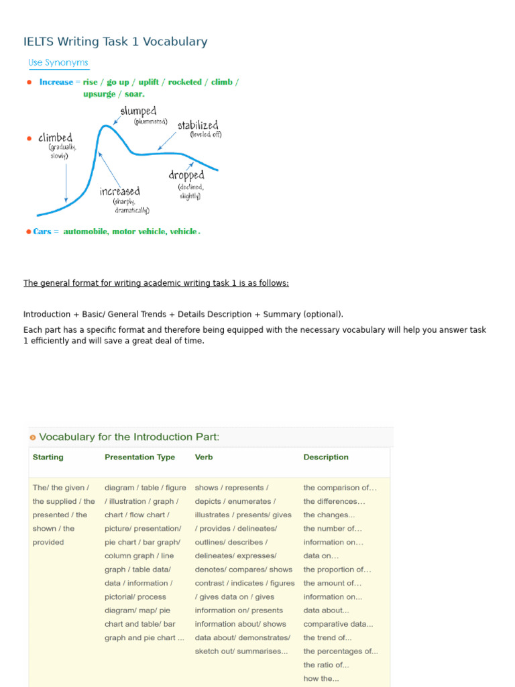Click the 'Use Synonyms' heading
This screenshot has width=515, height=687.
pyautogui.click(x=58, y=62)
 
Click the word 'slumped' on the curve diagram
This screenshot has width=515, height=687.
pyautogui.click(x=138, y=111)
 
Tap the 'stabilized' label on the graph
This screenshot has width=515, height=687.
pyautogui.click(x=197, y=125)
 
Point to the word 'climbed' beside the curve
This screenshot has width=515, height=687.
pyautogui.click(x=55, y=138)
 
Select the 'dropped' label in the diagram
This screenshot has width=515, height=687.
pyautogui.click(x=186, y=175)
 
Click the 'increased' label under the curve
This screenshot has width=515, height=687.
pyautogui.click(x=120, y=191)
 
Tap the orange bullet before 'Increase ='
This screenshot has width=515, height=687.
pyautogui.click(x=29, y=83)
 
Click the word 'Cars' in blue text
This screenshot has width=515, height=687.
pyautogui.click(x=42, y=231)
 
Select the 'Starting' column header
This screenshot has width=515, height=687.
pyautogui.click(x=48, y=457)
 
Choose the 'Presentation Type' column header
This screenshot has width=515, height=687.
pyautogui.click(x=139, y=457)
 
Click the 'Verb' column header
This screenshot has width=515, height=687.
pyautogui.click(x=204, y=457)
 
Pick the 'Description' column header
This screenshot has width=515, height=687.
pyautogui.click(x=326, y=457)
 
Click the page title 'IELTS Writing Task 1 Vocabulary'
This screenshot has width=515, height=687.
pyautogui.click(x=115, y=42)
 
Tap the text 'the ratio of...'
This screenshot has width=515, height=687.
pyautogui.click(x=326, y=665)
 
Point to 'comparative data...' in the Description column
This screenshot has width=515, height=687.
pyautogui.click(x=338, y=624)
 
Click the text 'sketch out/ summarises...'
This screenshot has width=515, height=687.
pyautogui.click(x=241, y=651)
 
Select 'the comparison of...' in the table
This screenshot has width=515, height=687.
pyautogui.click(x=340, y=488)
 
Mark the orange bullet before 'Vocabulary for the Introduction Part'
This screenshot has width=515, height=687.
pyautogui.click(x=32, y=437)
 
